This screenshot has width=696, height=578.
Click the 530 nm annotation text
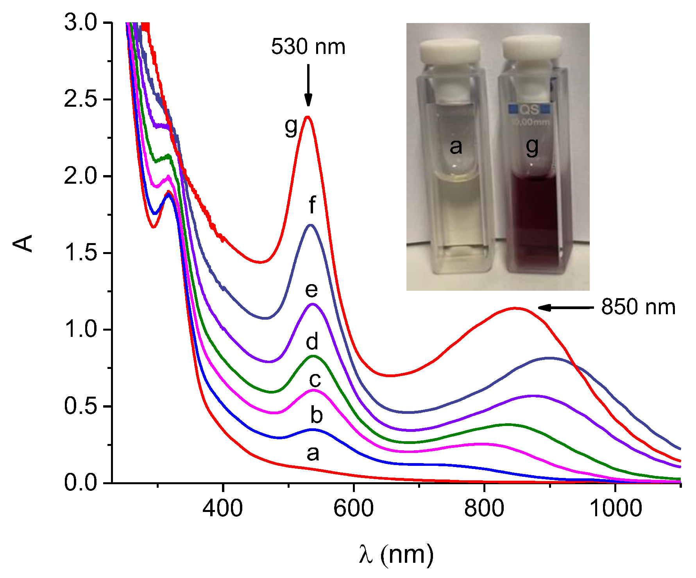[x=308, y=47]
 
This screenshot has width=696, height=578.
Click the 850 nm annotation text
[x=638, y=307]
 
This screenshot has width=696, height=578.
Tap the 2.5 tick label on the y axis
[x=80, y=100]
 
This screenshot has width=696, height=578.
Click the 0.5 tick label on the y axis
[x=80, y=406]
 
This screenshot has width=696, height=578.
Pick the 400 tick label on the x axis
[x=223, y=508]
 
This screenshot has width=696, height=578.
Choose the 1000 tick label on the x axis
[x=615, y=508]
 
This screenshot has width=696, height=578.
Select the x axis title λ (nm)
[x=396, y=554]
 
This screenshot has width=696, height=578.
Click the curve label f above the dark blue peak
[x=312, y=205]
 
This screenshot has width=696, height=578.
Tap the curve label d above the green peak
[x=312, y=342]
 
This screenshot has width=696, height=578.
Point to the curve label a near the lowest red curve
[x=313, y=453]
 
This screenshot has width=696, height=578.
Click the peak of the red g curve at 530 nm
[x=308, y=117]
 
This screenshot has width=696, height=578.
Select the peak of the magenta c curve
[x=313, y=390]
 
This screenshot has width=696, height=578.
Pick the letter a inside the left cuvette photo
[x=456, y=147]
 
